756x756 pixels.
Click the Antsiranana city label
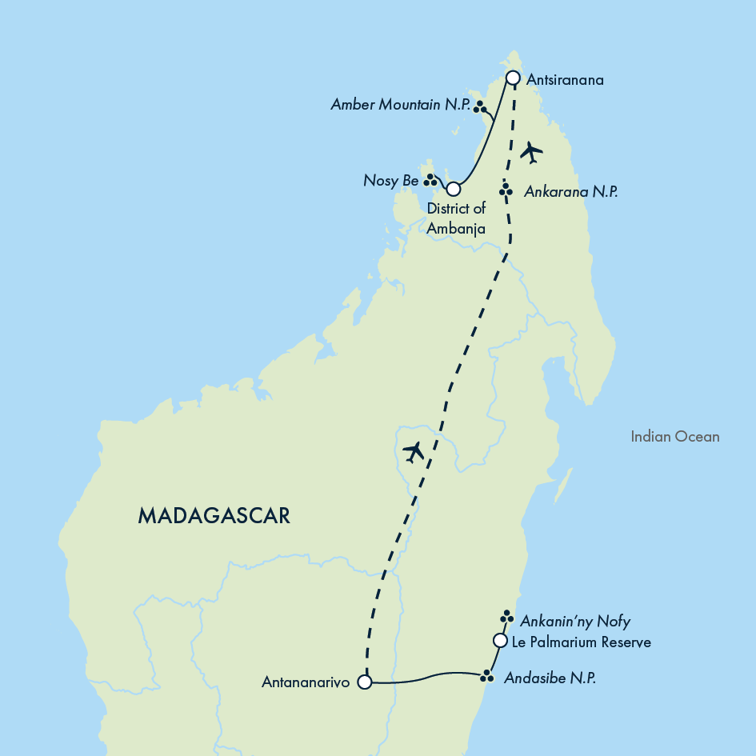(x=566, y=80)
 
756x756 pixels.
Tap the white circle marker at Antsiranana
(x=514, y=78)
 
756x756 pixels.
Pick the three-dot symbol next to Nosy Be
(x=430, y=179)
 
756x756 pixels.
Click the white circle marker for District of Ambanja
(x=454, y=190)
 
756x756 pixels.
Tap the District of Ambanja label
(x=456, y=218)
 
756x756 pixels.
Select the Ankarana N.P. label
(x=570, y=192)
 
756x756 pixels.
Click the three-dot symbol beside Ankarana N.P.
(x=506, y=190)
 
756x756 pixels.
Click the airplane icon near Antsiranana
(x=531, y=151)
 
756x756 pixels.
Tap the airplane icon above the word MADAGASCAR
(x=414, y=452)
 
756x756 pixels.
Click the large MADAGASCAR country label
(x=214, y=516)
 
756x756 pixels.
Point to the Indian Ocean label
(x=674, y=437)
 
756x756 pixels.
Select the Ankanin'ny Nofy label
(x=575, y=622)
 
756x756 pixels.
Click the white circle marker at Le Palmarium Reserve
(x=500, y=640)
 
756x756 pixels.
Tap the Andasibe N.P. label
(x=550, y=678)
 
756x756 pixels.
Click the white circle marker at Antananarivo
(x=365, y=682)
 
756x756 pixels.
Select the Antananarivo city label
(x=305, y=683)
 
